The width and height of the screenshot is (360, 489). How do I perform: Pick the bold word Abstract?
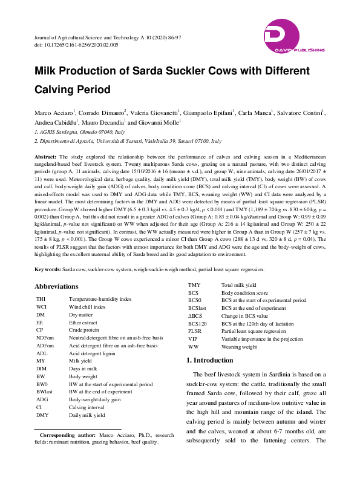coord(45,156)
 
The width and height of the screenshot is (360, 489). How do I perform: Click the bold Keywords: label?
coord(47,269)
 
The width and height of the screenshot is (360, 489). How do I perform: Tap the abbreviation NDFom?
coord(45,338)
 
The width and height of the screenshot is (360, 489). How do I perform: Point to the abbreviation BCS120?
coord(198,324)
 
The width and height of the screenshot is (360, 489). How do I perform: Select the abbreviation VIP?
coord(192,339)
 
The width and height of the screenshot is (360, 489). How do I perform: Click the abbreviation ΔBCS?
coord(195,316)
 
